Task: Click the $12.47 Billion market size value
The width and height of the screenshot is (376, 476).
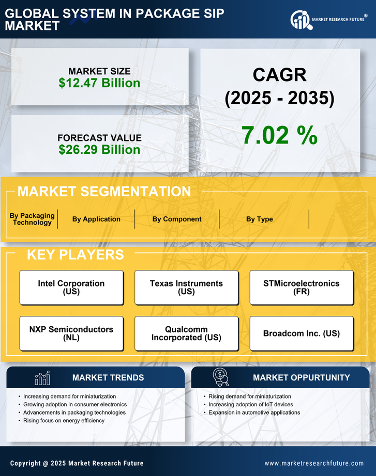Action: (99, 83)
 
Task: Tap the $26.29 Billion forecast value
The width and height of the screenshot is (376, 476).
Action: (99, 150)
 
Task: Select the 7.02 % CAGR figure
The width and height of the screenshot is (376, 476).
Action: (279, 135)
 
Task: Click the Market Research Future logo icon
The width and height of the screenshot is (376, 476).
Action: (299, 20)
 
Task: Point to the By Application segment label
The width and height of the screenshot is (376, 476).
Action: (96, 219)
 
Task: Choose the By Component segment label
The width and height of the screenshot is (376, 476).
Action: (177, 219)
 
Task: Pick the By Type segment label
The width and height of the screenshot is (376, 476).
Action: (260, 219)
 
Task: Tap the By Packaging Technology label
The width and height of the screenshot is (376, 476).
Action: (32, 219)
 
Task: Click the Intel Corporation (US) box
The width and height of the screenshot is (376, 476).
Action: (71, 288)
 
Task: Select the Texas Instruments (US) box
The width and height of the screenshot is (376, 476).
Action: (186, 288)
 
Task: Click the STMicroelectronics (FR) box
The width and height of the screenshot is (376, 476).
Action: (302, 288)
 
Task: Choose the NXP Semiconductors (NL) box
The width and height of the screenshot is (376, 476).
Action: (71, 334)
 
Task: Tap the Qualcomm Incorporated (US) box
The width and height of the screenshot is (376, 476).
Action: (186, 334)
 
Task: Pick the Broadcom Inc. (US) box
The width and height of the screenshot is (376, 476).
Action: (302, 334)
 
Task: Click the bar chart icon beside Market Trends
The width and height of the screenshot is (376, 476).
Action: (42, 378)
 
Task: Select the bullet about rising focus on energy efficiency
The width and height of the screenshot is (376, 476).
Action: (64, 421)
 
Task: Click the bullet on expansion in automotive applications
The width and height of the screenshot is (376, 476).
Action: (254, 412)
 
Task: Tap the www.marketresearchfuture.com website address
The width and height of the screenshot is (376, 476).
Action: (314, 464)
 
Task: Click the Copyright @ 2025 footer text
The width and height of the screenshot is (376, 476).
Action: (77, 464)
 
